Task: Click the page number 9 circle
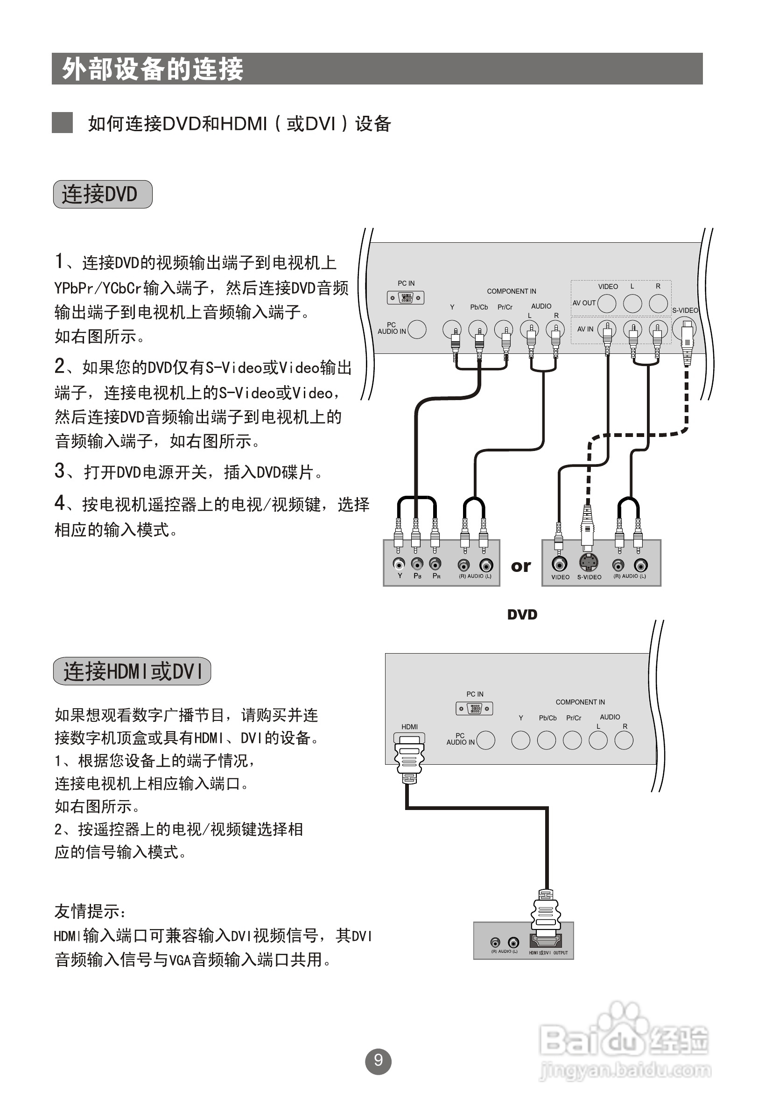pos(378,1061)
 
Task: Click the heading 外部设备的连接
pos(152,69)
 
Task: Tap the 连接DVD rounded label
pos(103,194)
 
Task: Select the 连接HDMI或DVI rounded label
pos(132,671)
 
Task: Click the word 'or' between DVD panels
pos(520,566)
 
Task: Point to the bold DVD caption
pos(522,614)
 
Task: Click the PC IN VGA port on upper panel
pos(406,297)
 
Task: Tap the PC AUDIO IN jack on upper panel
pos(416,329)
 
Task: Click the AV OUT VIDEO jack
pos(607,303)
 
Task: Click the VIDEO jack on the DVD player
pos(559,564)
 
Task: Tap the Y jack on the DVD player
pos(399,564)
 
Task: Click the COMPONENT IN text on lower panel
pos(580,702)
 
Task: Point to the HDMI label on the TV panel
pos(409,726)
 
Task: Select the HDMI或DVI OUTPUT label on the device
pos(548,952)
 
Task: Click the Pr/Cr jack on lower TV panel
pos(572,740)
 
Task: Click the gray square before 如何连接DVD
pos(62,123)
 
